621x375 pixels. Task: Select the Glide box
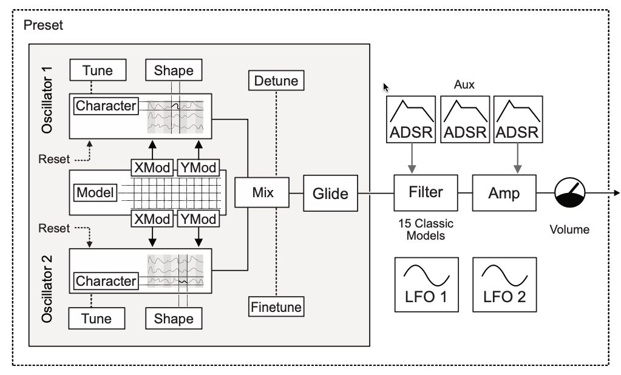coord(330,194)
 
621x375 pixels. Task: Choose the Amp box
coord(504,193)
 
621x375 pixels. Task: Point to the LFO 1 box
coord(425,285)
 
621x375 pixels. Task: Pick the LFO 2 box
coord(504,285)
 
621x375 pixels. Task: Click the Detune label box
coord(276,80)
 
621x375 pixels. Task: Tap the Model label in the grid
coord(95,193)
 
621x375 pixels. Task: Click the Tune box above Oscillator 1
coord(98,70)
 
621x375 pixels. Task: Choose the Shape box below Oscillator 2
coord(174,319)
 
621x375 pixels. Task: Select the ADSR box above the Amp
coord(518,119)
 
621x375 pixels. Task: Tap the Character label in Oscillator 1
coord(106,106)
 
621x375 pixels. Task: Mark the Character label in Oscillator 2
coord(106,281)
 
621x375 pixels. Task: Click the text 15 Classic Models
coord(425,229)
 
